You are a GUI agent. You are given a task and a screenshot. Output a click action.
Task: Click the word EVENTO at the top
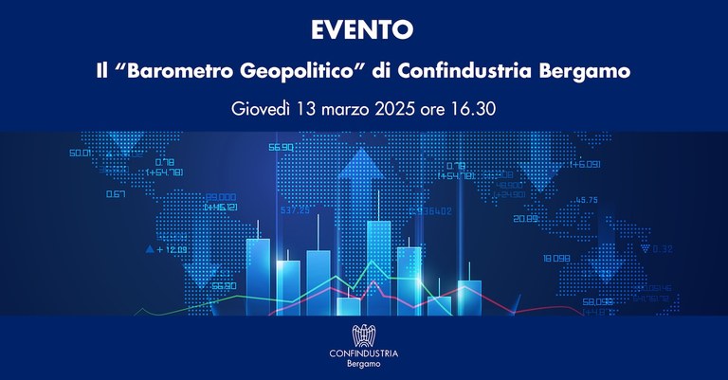pos(363,30)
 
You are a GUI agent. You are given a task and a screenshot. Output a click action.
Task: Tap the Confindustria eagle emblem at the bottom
pos(364,335)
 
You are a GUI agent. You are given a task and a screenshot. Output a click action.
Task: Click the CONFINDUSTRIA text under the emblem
pos(364,353)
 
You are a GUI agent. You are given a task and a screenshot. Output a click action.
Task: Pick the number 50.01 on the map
pos(80,153)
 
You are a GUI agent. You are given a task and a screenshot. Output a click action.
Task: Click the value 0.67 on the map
pos(116,194)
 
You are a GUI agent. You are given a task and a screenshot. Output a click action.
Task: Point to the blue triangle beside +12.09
pos(149,249)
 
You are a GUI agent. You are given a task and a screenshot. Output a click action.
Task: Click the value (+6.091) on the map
pos(585,164)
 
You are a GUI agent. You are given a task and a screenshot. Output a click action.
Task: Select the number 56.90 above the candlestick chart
pos(281,148)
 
